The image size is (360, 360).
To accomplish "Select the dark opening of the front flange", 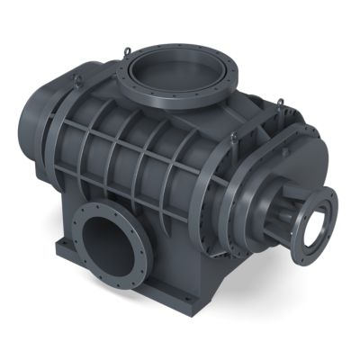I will [x=106, y=245].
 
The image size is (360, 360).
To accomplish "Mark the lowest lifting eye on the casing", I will [x=233, y=138].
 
